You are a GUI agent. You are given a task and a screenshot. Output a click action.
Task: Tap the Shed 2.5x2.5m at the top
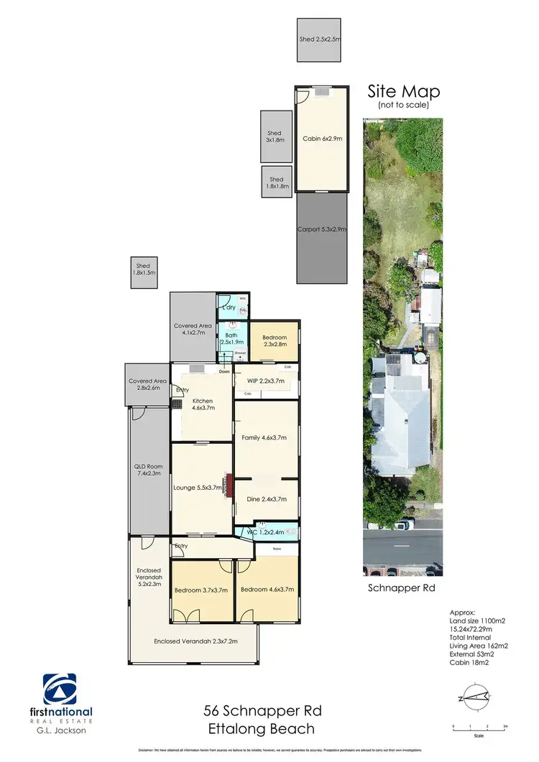coord(319,41)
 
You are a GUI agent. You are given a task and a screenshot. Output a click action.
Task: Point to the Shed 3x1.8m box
coord(275,136)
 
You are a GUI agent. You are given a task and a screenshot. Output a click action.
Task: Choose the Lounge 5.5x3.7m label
coord(197,488)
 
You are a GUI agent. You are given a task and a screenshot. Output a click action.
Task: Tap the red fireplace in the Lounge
coord(227,483)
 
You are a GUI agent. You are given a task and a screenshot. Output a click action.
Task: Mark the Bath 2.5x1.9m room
coord(232,338)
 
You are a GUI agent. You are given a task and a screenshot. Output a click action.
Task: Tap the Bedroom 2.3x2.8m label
coord(274,341)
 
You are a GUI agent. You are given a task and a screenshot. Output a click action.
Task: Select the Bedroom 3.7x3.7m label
coord(201,590)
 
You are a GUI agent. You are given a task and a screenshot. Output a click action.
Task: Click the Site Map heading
coord(403,92)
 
